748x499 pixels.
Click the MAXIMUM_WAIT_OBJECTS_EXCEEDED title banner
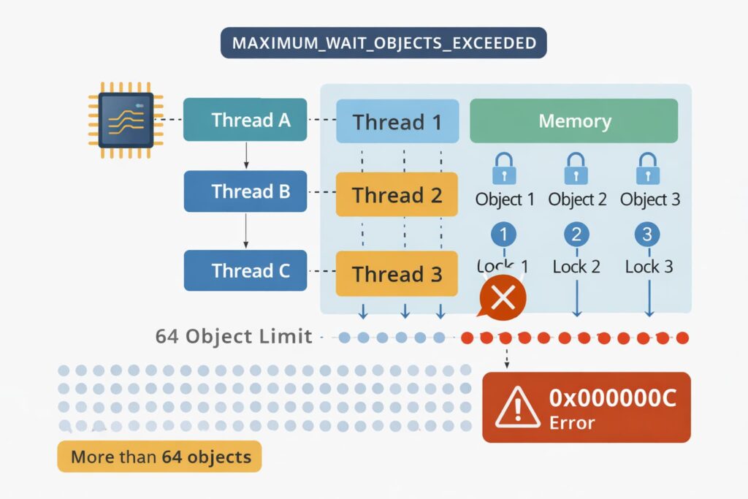click(383, 42)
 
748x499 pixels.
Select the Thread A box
click(245, 120)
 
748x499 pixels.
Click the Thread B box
click(245, 191)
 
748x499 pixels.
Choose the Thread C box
click(245, 271)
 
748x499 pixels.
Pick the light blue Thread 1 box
click(397, 121)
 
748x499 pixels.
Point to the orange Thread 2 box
click(397, 195)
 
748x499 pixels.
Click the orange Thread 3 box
click(397, 274)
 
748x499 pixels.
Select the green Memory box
click(574, 121)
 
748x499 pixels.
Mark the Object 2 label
click(577, 199)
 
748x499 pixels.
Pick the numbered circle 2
click(576, 235)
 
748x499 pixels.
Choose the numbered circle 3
click(648, 235)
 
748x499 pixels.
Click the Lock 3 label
click(649, 267)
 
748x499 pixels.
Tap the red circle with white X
click(502, 297)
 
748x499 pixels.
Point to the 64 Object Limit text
click(234, 337)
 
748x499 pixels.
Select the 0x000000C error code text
click(612, 398)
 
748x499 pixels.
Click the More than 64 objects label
click(160, 458)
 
